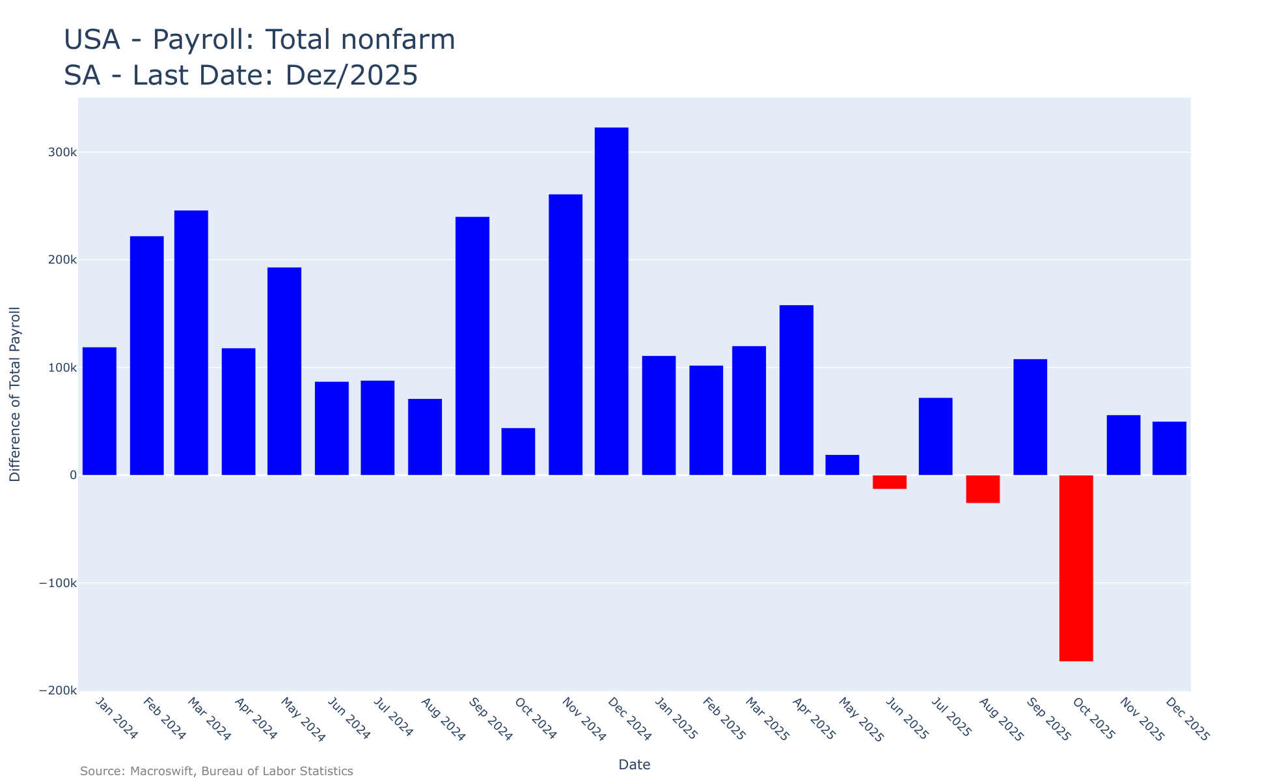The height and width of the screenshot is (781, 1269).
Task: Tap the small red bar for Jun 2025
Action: pyautogui.click(x=890, y=482)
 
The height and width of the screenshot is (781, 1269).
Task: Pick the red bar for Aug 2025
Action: pyautogui.click(x=983, y=489)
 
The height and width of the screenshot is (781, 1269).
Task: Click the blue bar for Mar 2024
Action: pyautogui.click(x=191, y=342)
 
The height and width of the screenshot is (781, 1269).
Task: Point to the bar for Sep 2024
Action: pyautogui.click(x=472, y=346)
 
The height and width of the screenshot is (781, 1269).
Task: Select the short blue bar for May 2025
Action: pyautogui.click(x=842, y=465)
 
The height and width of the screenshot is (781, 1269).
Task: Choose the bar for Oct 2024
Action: pyautogui.click(x=518, y=451)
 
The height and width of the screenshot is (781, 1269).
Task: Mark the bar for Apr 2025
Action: pyautogui.click(x=797, y=390)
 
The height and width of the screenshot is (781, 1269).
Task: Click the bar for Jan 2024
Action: pyautogui.click(x=100, y=411)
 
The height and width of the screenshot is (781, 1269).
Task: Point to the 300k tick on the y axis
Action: pyautogui.click(x=62, y=152)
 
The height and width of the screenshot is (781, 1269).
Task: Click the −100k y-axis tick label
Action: pyautogui.click(x=58, y=583)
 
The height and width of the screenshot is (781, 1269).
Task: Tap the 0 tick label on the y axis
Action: pyautogui.click(x=73, y=475)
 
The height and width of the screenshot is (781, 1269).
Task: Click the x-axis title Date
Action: pyautogui.click(x=634, y=765)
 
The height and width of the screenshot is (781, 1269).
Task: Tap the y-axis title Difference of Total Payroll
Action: pyautogui.click(x=15, y=394)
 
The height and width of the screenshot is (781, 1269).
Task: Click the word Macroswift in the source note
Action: pyautogui.click(x=162, y=771)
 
